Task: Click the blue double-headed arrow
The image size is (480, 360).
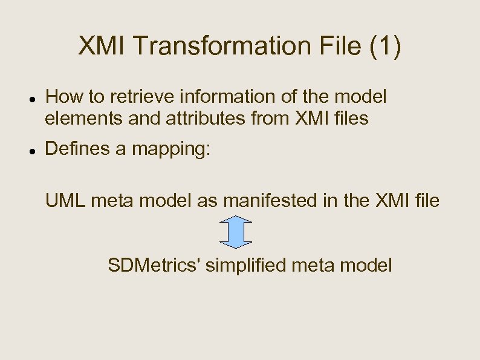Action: point(235,232)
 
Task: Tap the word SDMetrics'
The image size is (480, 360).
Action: point(155,265)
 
